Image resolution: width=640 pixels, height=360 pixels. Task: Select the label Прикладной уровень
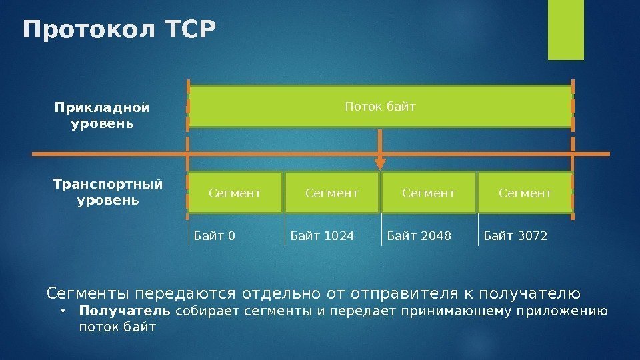point(102,115)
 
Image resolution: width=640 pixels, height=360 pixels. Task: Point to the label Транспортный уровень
point(108,191)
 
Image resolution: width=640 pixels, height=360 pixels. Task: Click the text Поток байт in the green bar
point(380,106)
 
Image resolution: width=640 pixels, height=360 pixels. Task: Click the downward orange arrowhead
point(380,163)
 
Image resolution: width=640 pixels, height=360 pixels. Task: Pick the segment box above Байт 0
point(235,193)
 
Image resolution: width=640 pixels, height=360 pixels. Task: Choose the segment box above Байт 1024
point(332,193)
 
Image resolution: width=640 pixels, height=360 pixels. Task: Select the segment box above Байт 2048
point(429,193)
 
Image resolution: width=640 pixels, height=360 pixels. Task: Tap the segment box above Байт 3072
point(525,193)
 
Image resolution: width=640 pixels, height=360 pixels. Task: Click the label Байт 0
point(215,235)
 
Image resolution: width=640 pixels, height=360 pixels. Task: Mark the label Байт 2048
point(419,235)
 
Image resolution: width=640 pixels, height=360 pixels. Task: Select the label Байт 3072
point(515,235)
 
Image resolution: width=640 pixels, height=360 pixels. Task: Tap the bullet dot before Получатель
point(61,311)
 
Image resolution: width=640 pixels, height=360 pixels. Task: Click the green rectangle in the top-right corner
point(565,29)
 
